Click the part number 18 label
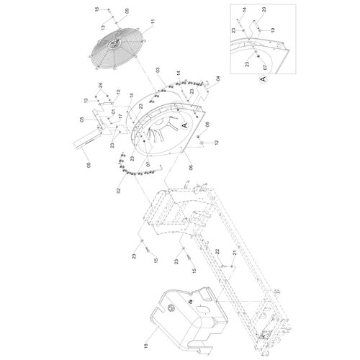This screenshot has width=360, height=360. (146, 346)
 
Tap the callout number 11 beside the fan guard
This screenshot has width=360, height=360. (153, 22)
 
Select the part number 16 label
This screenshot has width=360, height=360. (97, 9)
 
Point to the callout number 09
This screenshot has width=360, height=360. (127, 11)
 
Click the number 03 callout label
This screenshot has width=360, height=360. (158, 70)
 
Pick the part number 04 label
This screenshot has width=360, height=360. (218, 78)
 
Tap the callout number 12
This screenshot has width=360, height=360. (217, 143)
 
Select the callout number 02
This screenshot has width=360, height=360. (118, 191)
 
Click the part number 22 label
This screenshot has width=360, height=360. (217, 252)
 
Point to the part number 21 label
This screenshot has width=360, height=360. (235, 253)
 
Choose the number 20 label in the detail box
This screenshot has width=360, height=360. (264, 9)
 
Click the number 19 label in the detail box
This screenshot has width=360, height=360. (273, 30)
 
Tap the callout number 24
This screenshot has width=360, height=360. (100, 85)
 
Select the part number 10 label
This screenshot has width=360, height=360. (118, 92)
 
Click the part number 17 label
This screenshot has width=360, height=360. (120, 116)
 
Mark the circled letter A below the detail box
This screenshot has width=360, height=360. (263, 78)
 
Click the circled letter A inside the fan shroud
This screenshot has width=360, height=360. (184, 125)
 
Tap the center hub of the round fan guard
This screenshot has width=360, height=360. (114, 43)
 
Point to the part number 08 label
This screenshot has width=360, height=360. (207, 125)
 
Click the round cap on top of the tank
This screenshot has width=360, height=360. (172, 307)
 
